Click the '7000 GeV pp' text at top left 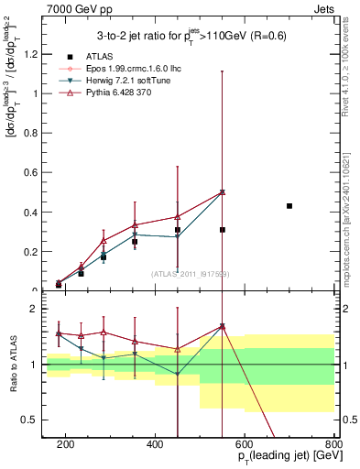(74, 8)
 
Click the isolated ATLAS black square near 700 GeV (289, 206)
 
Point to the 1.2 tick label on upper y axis (32, 53)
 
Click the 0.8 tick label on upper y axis (32, 133)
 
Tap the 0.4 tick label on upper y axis (32, 213)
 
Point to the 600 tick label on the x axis (245, 443)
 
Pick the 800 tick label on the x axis (333, 443)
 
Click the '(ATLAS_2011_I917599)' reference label (190, 274)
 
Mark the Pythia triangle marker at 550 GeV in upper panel (223, 192)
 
